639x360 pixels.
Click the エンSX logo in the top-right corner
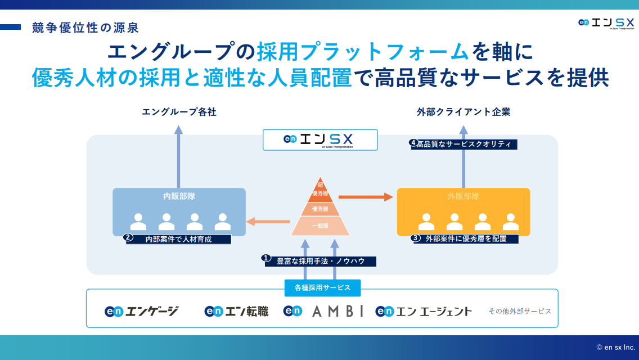pyautogui.click(x=606, y=23)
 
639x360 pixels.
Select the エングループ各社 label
pyautogui.click(x=179, y=112)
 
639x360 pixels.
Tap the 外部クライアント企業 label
pyautogui.click(x=463, y=112)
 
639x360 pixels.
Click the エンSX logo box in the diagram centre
pyautogui.click(x=320, y=139)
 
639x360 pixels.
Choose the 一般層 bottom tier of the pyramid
pyautogui.click(x=320, y=226)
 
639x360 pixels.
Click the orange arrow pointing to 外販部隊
pyautogui.click(x=365, y=196)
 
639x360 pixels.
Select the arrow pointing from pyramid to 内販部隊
pyautogui.click(x=269, y=221)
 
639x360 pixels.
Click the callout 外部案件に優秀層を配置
pyautogui.click(x=466, y=238)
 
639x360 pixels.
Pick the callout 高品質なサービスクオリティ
pyautogui.click(x=463, y=144)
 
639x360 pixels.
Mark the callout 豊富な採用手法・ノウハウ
pyautogui.click(x=320, y=261)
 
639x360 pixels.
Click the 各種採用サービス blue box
pyautogui.click(x=322, y=287)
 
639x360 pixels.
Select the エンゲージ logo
pyautogui.click(x=142, y=311)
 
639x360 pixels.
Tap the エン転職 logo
pyautogui.click(x=236, y=311)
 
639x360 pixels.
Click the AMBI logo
pyautogui.click(x=323, y=311)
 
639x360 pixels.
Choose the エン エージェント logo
pyautogui.click(x=424, y=311)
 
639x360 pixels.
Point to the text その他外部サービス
pyautogui.click(x=520, y=311)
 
